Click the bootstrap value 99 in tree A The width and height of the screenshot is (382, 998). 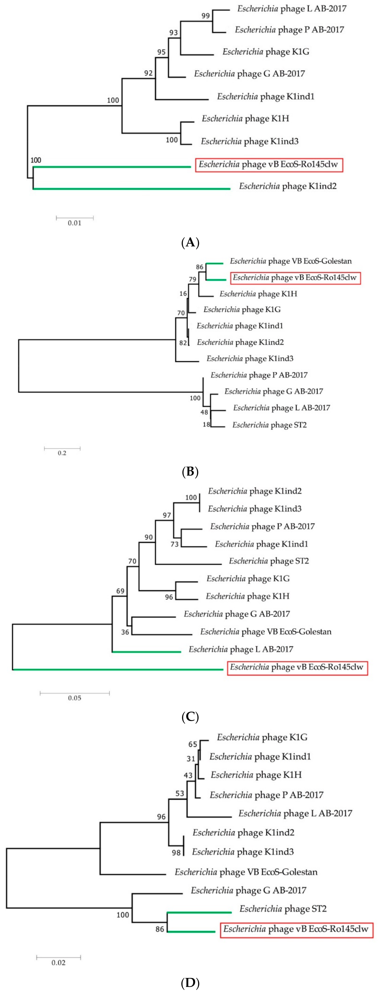[206, 16]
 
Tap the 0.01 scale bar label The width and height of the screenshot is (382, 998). [74, 223]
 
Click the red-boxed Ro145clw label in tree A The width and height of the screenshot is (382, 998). [269, 165]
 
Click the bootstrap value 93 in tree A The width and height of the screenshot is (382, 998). [173, 33]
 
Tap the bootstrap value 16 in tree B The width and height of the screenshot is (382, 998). [183, 294]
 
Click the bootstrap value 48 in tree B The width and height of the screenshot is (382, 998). [204, 412]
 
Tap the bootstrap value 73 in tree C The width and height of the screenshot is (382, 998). [175, 544]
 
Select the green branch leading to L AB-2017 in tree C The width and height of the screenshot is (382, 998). [147, 652]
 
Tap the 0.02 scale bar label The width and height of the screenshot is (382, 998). [59, 963]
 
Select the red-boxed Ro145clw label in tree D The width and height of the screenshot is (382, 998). [296, 929]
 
